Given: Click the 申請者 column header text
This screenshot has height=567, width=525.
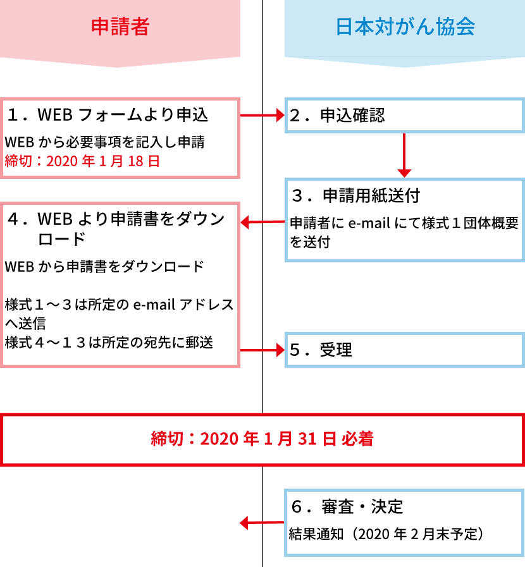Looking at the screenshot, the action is coord(120,27).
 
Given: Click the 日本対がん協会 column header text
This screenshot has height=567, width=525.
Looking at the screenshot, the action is coord(405,27).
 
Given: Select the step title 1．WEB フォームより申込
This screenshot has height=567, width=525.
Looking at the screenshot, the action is coord(108,114).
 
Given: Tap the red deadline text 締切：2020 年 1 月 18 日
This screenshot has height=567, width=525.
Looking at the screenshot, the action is coord(82,161).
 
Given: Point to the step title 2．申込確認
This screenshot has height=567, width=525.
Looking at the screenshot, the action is coord(337,115).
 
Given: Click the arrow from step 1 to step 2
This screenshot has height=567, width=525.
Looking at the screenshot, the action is coord(262,115).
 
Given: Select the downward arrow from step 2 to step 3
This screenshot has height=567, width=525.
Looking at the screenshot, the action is coord(404,155).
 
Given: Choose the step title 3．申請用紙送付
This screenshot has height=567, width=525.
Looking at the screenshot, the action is coord(355,195).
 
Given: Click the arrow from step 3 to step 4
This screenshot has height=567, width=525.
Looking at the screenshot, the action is coord(262,222).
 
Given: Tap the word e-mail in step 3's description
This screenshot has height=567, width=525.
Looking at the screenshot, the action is coord(369,224).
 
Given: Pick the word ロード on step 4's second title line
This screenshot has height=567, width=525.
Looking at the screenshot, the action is coord(61,239).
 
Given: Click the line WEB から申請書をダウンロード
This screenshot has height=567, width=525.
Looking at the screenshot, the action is coord(104,267).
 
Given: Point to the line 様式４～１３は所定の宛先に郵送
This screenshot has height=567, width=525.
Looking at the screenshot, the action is coord(109,342).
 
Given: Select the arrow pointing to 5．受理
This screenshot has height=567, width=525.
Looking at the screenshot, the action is coord(262,350).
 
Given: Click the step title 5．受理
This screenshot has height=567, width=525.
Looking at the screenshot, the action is coord(321,350).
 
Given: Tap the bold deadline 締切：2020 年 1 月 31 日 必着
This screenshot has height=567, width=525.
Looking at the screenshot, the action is coord(262,439).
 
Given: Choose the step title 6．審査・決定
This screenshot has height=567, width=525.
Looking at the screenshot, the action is coord(347,506).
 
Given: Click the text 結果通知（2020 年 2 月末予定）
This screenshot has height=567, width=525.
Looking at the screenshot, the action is coord(386,533).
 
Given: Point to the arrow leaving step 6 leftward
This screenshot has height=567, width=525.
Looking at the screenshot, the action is coord(262,523).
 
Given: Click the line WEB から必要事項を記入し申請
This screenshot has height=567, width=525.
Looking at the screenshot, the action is coord(104,142).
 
